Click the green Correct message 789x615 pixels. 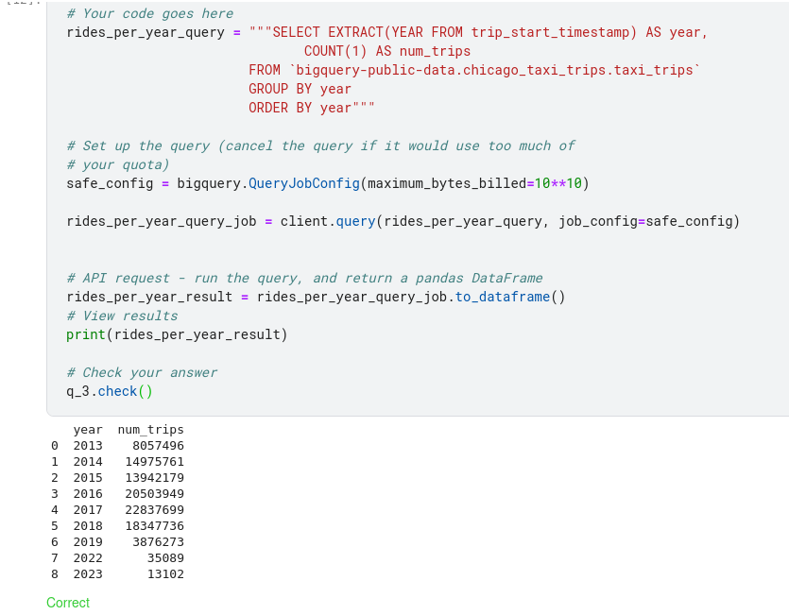pyautogui.click(x=68, y=603)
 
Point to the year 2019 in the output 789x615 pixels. pyautogui.click(x=88, y=542)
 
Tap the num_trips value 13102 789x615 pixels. pyautogui.click(x=165, y=574)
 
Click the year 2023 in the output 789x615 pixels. pyautogui.click(x=88, y=574)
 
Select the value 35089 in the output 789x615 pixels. pyautogui.click(x=165, y=558)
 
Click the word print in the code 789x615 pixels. pyautogui.click(x=86, y=334)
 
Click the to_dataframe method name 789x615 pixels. pyautogui.click(x=506, y=297)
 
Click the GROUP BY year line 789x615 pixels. pyautogui.click(x=300, y=89)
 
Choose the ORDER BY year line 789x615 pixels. pyautogui.click(x=311, y=108)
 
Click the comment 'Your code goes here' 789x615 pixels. pyautogui.click(x=150, y=13)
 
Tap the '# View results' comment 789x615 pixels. pyautogui.click(x=122, y=316)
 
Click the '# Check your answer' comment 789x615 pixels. pyautogui.click(x=142, y=372)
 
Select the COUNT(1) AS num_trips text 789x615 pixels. pyautogui.click(x=386, y=51)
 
